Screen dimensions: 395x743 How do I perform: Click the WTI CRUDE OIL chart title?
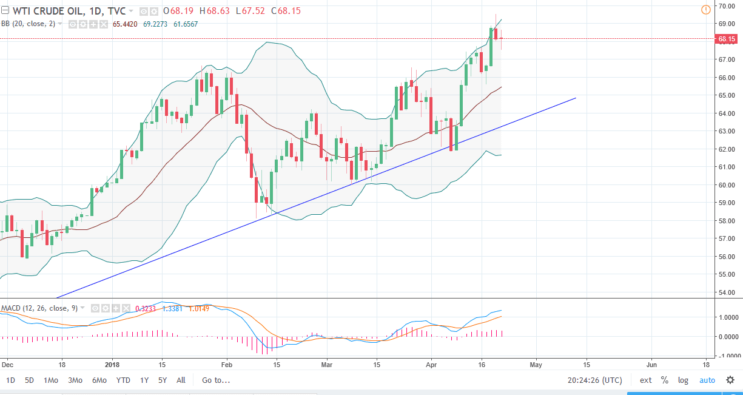pos(42,11)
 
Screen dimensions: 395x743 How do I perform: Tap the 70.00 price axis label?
pos(727,6)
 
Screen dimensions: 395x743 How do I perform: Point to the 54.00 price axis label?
pos(727,292)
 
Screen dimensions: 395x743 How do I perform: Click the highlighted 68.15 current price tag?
pos(727,39)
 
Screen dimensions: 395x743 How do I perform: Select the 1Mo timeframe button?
pos(50,380)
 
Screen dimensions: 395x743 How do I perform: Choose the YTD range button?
pos(123,380)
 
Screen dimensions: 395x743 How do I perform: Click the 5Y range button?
pos(162,380)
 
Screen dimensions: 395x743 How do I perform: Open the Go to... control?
pos(216,380)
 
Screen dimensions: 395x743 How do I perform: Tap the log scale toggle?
pos(683,380)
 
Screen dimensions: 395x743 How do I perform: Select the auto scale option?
pos(707,380)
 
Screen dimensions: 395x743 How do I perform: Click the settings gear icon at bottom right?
pos(730,380)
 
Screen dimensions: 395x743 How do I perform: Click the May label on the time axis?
pos(536,365)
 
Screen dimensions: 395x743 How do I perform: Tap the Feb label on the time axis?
pos(226,365)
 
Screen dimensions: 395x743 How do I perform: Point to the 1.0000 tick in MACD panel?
pos(727,317)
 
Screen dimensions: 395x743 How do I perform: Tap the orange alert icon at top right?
pos(705,10)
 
